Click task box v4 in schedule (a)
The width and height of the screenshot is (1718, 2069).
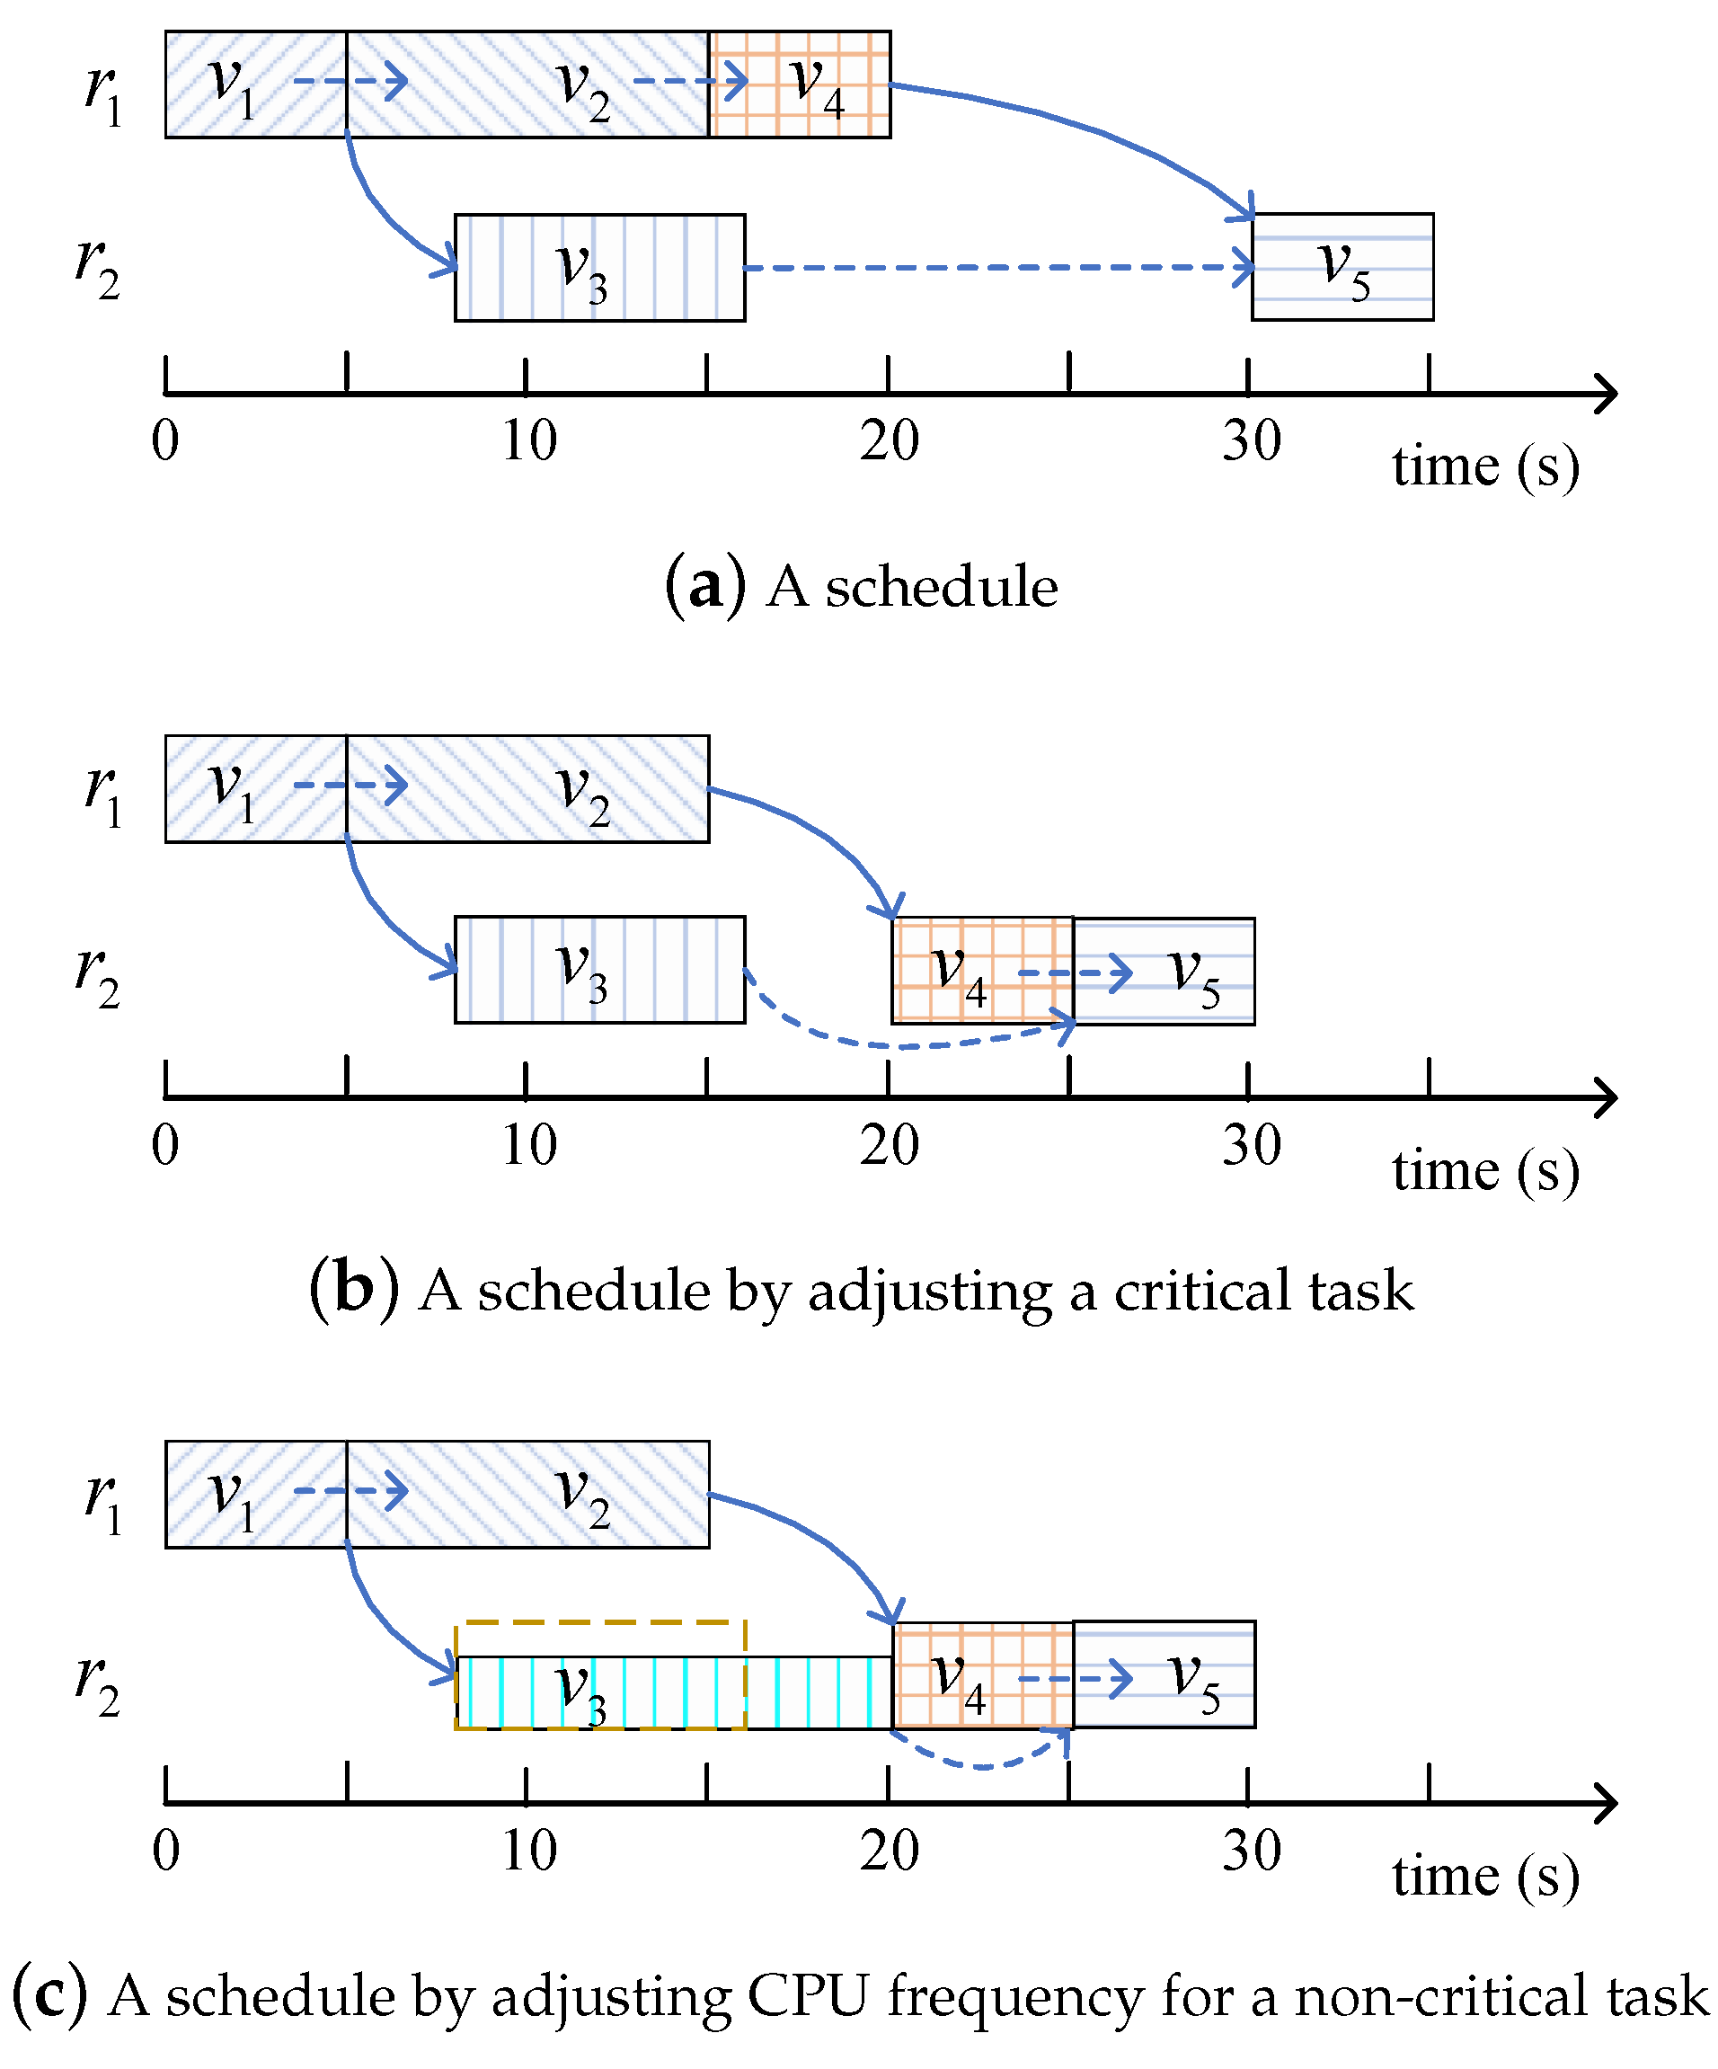800,84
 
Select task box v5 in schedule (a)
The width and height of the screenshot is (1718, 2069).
1342,267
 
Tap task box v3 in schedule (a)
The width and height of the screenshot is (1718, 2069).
599,267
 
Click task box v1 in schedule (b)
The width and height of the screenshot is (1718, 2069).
255,789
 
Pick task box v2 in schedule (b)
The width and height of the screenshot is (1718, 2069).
527,789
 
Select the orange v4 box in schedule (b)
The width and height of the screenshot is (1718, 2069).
981,972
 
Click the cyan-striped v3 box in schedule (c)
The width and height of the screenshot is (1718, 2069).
673,1692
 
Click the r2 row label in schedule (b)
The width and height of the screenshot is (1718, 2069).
98,975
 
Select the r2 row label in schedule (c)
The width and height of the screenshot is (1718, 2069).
98,1684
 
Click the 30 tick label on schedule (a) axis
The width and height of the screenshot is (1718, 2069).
1251,440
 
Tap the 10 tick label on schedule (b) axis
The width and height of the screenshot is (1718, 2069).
529,1145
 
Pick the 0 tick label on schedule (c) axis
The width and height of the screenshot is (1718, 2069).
166,1851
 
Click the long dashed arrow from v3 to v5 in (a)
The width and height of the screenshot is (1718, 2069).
995,267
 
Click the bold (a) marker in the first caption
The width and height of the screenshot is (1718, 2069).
705,586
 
